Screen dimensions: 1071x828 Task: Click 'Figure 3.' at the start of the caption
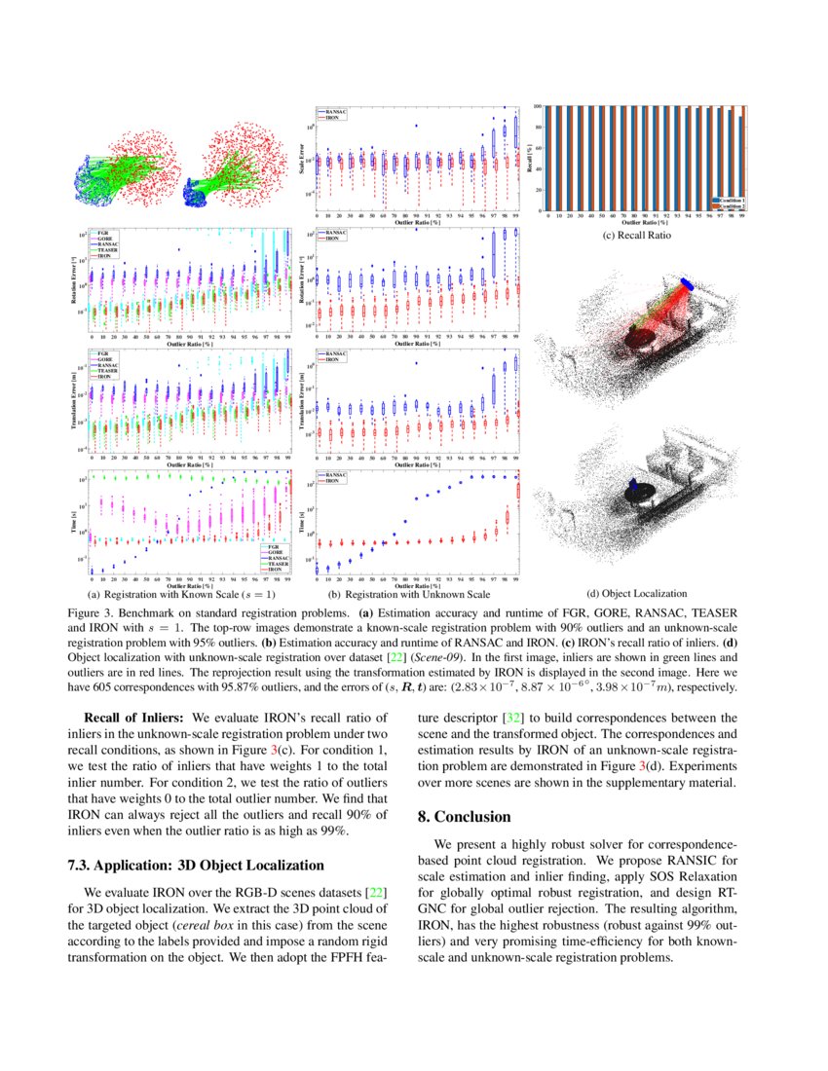pos(91,613)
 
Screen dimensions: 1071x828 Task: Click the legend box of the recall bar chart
pos(728,202)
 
